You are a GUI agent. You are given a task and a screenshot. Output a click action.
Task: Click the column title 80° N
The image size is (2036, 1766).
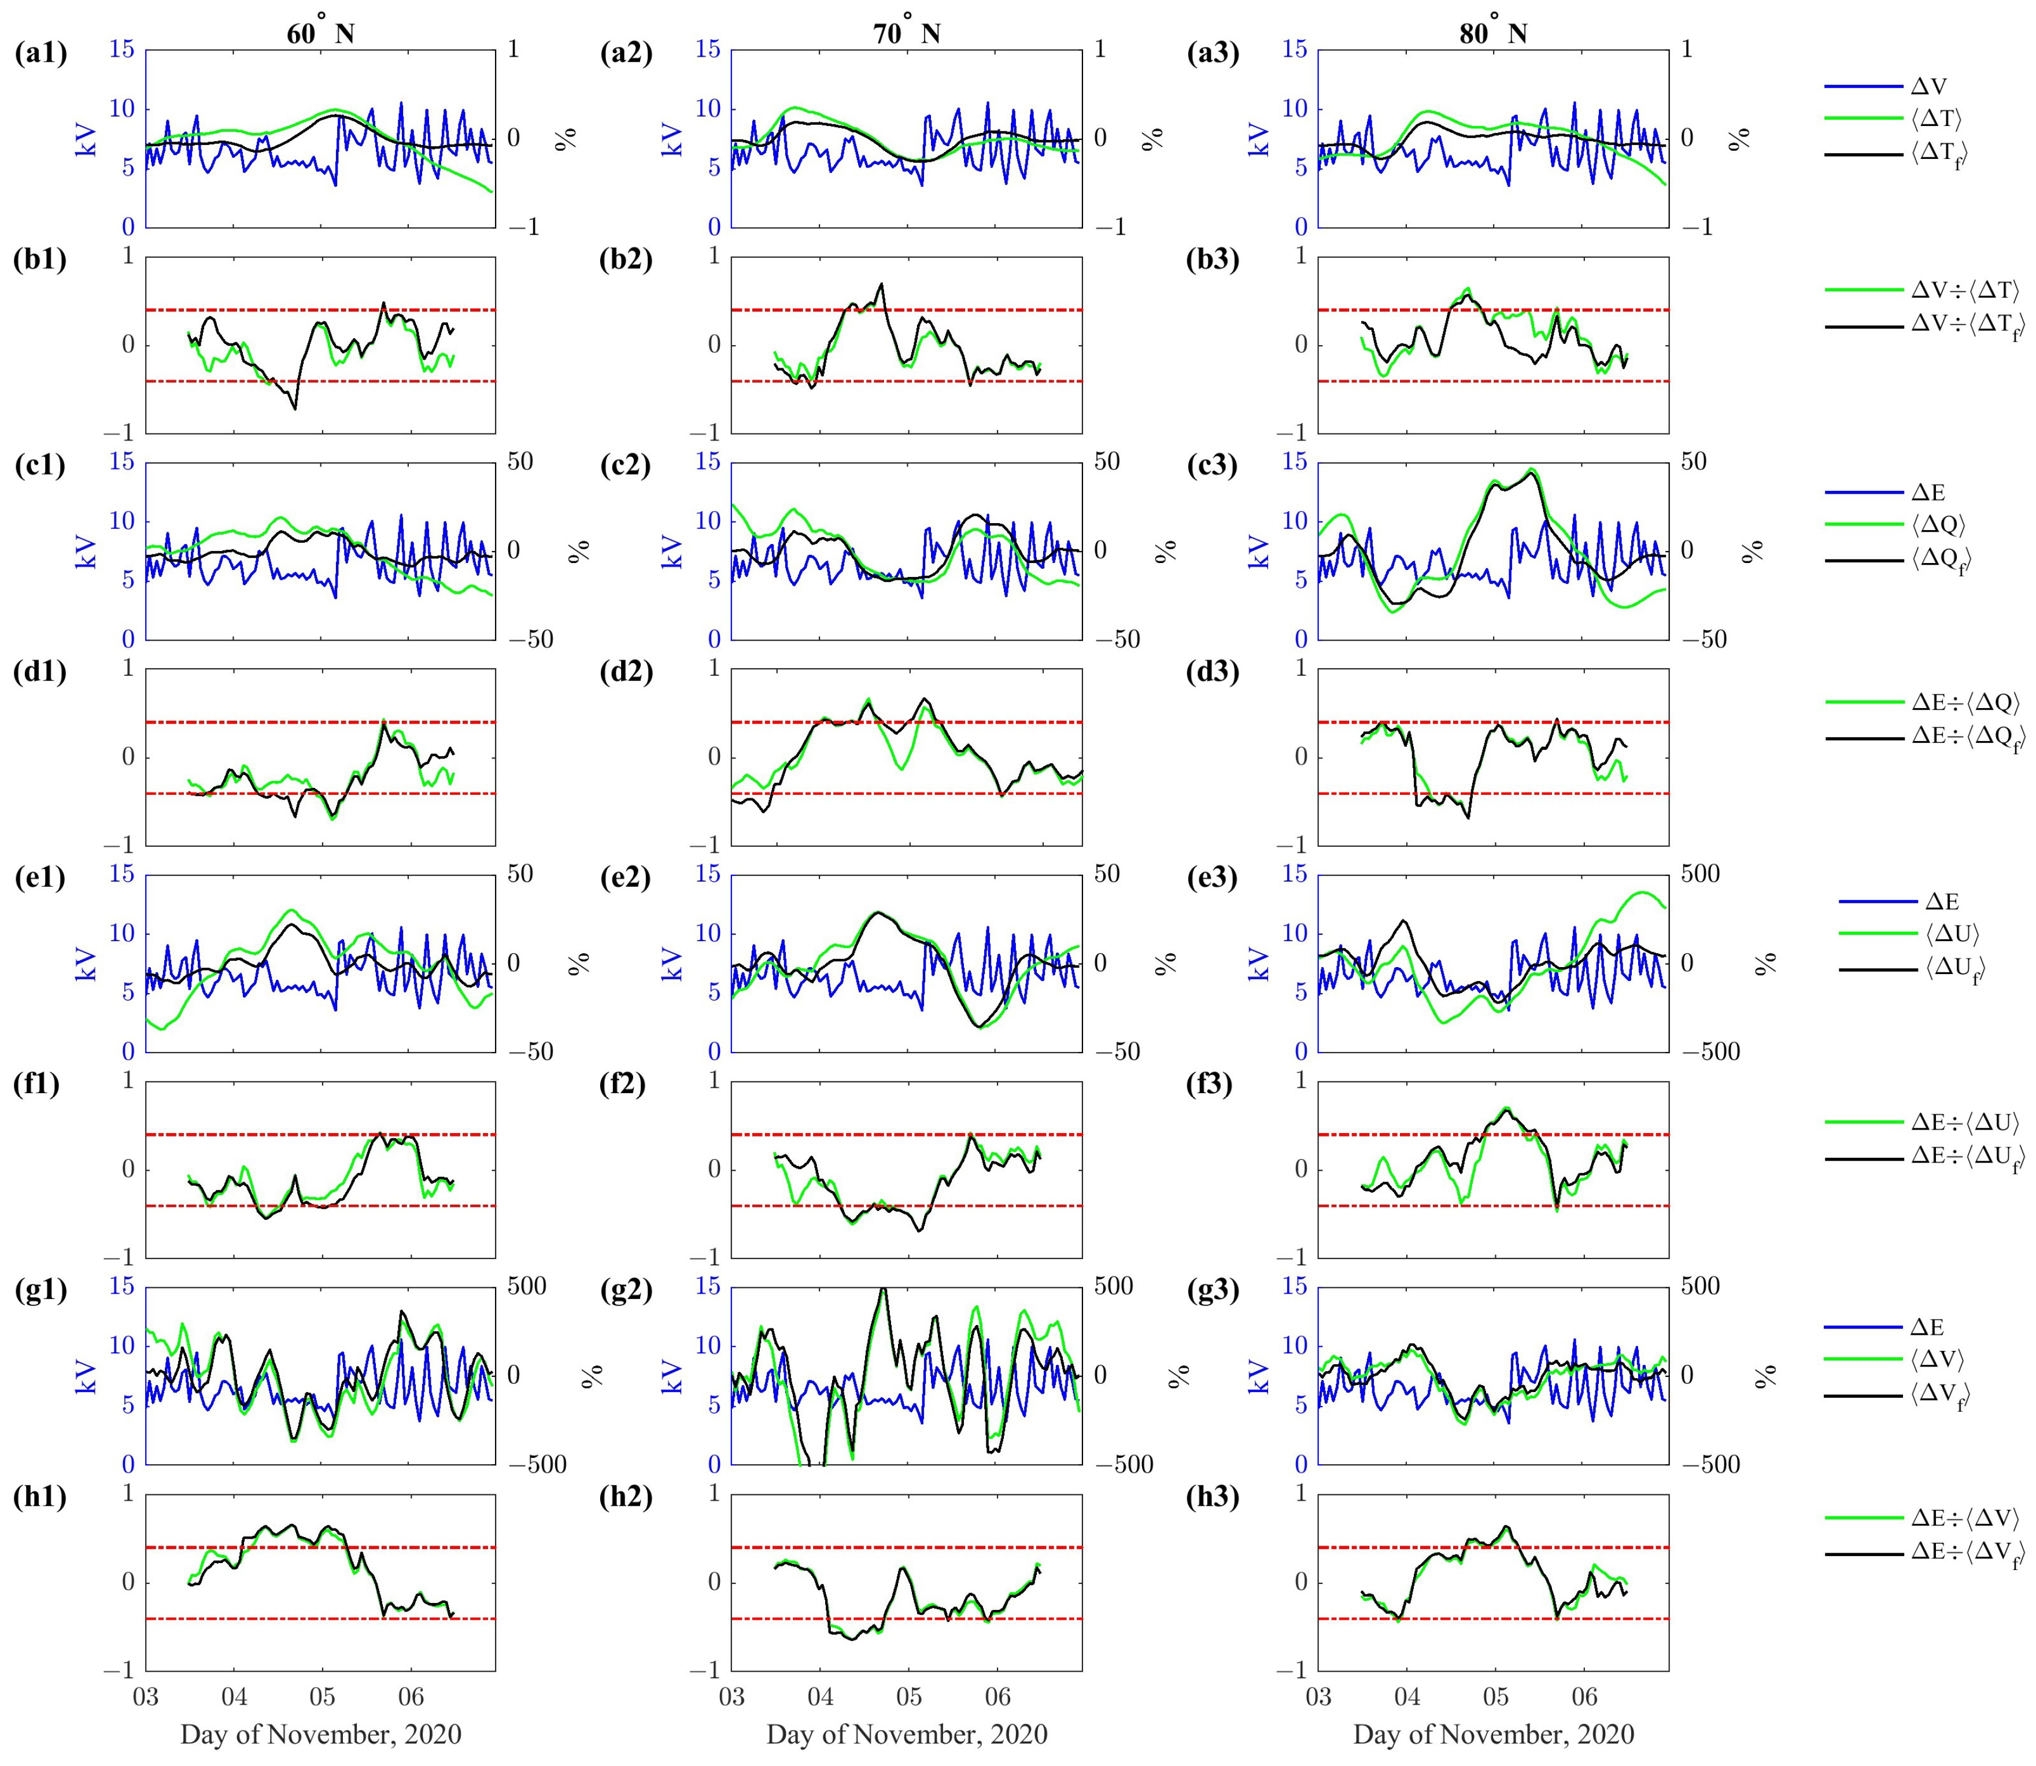(x=1492, y=32)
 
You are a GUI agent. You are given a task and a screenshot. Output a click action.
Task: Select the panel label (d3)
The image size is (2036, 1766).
(x=1212, y=672)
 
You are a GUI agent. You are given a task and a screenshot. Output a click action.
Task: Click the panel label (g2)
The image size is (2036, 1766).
(x=626, y=1291)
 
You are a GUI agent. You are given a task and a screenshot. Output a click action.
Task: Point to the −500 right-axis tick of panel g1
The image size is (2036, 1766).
(x=537, y=1464)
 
